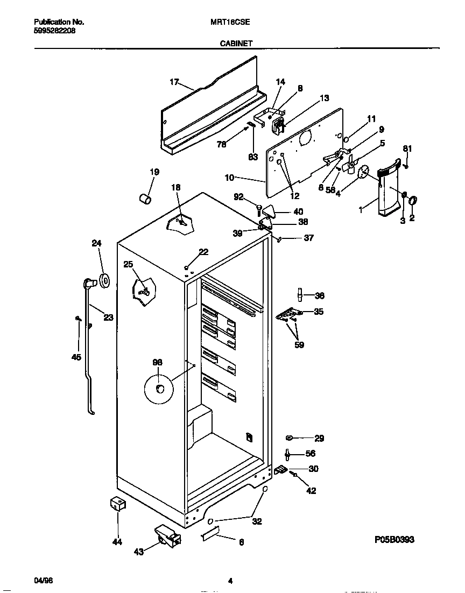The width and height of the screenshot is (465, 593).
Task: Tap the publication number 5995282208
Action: (55, 31)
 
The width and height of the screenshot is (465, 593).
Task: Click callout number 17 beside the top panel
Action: (174, 82)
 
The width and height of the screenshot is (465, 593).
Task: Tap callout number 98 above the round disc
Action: (157, 363)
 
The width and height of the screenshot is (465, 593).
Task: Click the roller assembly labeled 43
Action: (165, 535)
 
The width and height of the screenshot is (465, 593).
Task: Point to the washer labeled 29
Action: (290, 438)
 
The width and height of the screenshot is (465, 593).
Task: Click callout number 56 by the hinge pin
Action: (310, 454)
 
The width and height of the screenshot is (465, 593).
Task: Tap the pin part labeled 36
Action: (298, 295)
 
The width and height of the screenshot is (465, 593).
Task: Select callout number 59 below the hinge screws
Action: (299, 345)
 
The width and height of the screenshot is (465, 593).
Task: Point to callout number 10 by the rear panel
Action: (230, 177)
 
